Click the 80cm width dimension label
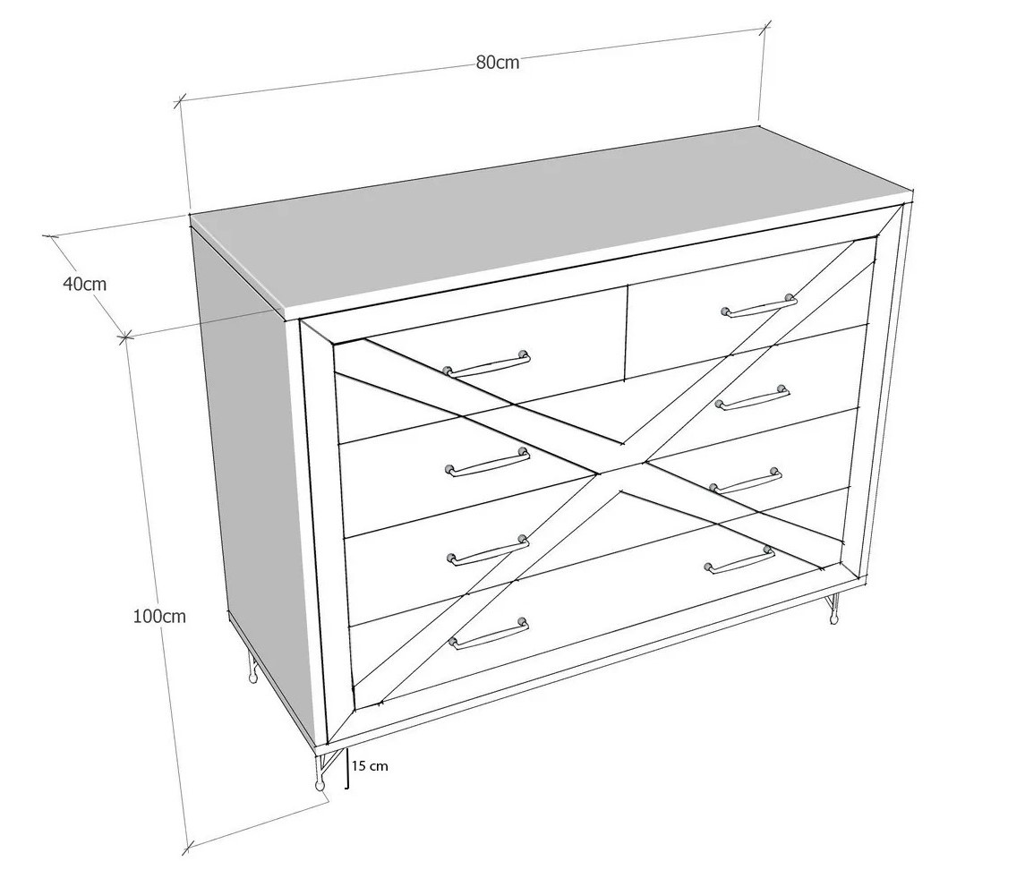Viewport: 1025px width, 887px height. [x=498, y=62]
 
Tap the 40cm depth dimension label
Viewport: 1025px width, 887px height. [x=84, y=284]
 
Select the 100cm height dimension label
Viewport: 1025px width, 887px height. [x=159, y=616]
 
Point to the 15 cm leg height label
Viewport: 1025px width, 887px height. [x=370, y=765]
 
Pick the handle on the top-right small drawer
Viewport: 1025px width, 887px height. [x=759, y=306]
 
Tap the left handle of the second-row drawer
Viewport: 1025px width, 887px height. [x=487, y=462]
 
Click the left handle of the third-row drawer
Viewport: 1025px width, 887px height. [x=488, y=550]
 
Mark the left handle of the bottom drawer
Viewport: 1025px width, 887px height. [x=488, y=633]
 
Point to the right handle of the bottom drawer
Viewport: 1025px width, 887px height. [x=740, y=559]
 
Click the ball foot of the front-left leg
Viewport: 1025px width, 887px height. [x=320, y=785]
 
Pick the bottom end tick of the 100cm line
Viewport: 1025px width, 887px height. [x=188, y=848]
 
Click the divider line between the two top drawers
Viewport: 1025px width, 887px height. [x=627, y=331]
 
